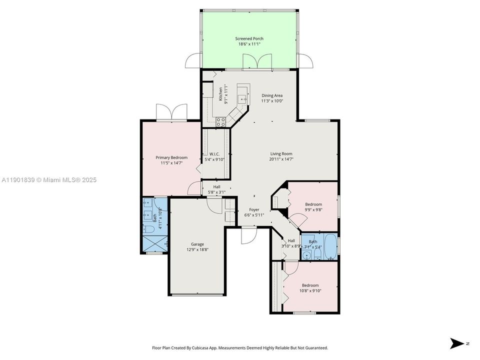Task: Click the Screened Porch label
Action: point(249,38)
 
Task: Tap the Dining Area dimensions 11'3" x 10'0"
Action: point(272,101)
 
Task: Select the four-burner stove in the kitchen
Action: point(220,121)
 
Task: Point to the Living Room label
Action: point(281,153)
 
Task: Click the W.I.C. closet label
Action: point(215,153)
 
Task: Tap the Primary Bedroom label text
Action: point(171,157)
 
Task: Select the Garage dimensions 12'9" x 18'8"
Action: point(197,249)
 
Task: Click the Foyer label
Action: point(254,209)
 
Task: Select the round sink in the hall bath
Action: point(306,255)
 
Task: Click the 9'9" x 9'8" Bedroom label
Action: point(313,204)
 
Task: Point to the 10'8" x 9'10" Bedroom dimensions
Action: point(310,290)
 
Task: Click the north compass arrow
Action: point(457,343)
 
